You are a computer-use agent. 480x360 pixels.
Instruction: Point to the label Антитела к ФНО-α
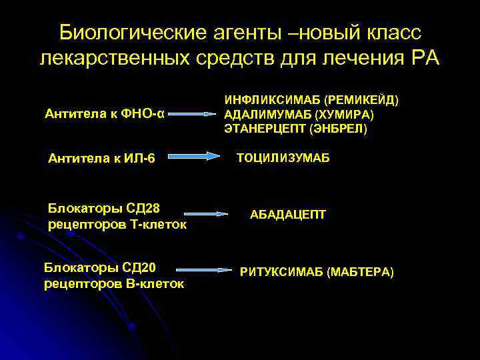104,114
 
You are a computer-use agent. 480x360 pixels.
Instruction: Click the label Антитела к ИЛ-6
101,158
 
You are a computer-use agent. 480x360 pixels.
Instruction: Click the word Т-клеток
160,225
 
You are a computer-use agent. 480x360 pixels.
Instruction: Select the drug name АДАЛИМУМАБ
262,114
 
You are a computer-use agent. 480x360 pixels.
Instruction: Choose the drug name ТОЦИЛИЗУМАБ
283,159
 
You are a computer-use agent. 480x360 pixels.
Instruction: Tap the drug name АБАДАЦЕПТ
288,215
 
